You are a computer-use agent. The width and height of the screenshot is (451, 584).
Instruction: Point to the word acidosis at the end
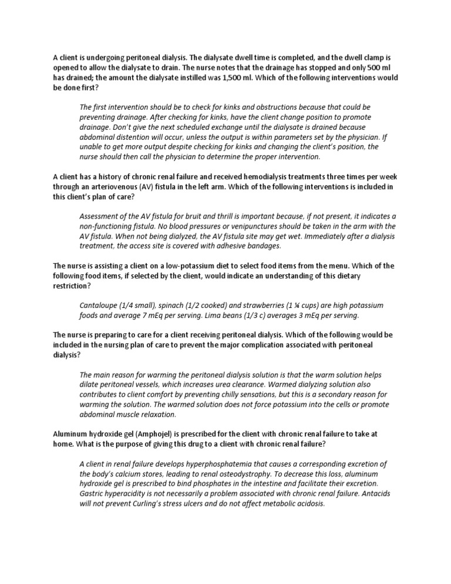pos(309,504)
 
